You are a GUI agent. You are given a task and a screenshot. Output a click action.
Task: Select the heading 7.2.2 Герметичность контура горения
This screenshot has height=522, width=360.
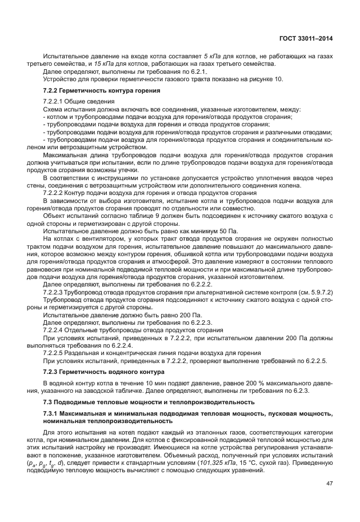point(101,91)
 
